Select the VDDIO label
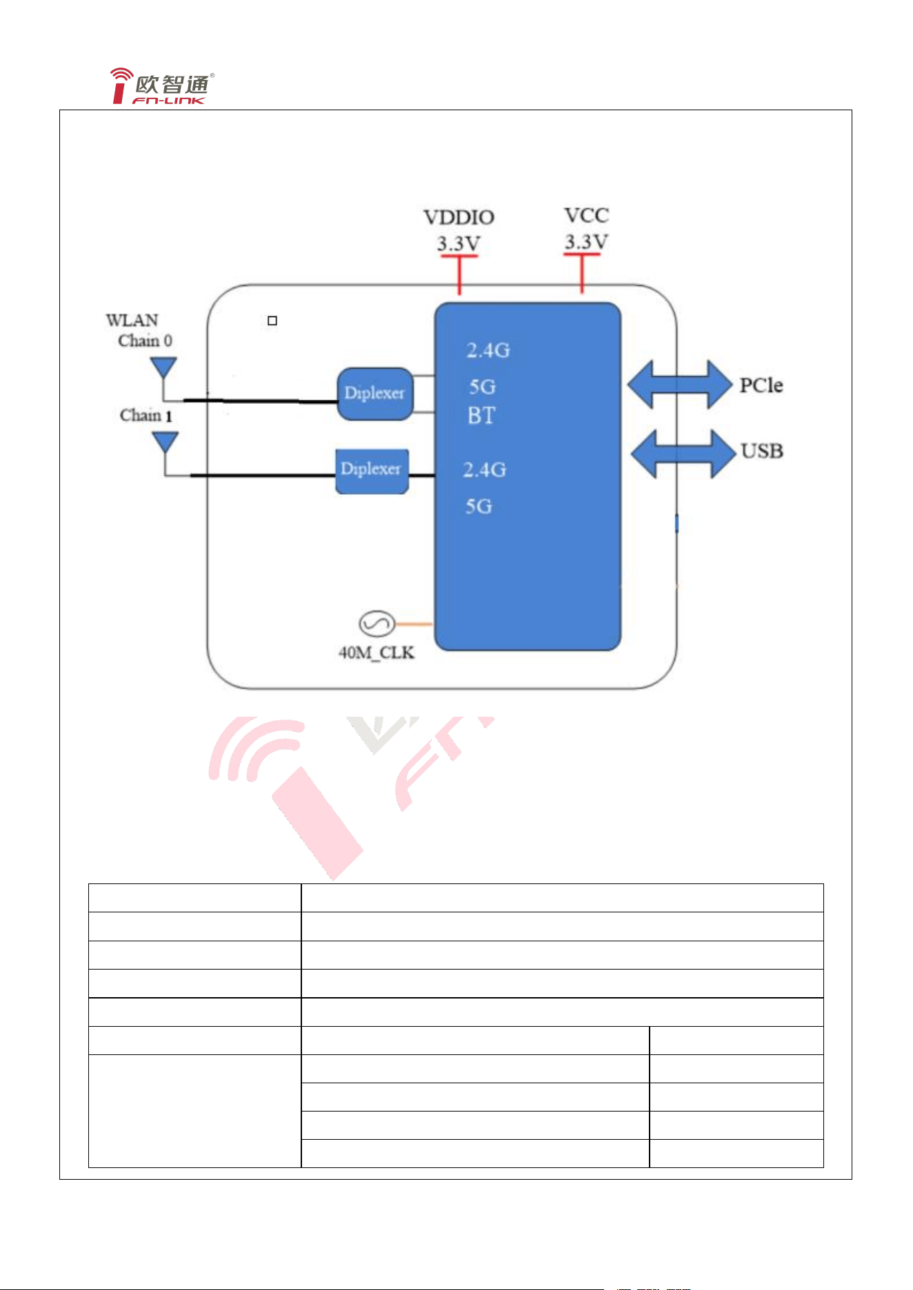tap(459, 218)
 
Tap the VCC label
tap(586, 216)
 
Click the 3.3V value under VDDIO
tap(459, 243)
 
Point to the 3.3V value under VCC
tap(586, 242)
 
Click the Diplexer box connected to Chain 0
tap(375, 393)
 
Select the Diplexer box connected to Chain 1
tap(372, 471)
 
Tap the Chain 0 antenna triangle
tap(163, 367)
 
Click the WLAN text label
tap(132, 320)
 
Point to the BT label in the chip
tap(481, 416)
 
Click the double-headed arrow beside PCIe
tap(679, 384)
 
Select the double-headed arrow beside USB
tap(683, 453)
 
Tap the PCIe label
tap(761, 385)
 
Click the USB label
tap(762, 451)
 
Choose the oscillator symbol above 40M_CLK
tap(377, 624)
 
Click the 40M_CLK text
tap(377, 653)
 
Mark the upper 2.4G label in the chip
tap(488, 350)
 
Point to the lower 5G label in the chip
tap(479, 506)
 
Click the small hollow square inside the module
tap(272, 320)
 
